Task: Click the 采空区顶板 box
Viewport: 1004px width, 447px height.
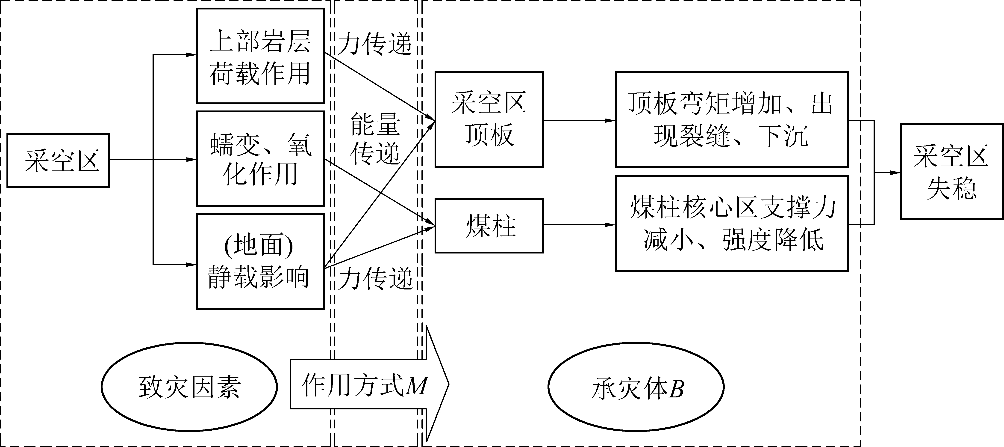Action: click(489, 119)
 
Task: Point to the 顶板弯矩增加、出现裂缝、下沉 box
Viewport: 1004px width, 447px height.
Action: click(732, 119)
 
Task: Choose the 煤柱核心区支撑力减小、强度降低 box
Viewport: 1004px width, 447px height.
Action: click(732, 223)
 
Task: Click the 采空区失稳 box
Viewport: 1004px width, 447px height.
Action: click(952, 171)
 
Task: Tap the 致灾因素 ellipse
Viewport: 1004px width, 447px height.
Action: click(189, 387)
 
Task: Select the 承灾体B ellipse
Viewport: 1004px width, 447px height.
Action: click(636, 387)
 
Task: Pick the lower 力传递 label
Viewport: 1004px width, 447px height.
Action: click(375, 278)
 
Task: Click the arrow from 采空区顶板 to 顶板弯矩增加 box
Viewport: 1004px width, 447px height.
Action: click(579, 121)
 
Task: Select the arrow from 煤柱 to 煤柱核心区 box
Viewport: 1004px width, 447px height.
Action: click(579, 225)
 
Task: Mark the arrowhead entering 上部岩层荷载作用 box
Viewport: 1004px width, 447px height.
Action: click(191, 55)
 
